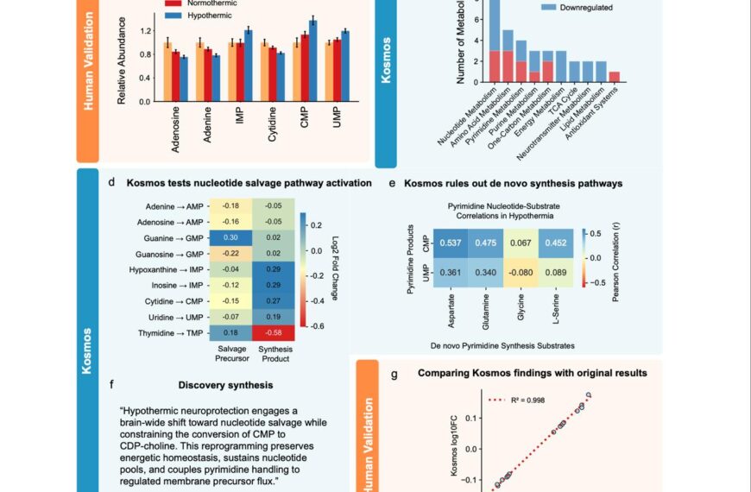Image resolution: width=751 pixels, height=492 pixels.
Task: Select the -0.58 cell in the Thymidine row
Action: pos(274,332)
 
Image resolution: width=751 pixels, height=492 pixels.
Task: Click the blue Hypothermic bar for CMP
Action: pos(312,31)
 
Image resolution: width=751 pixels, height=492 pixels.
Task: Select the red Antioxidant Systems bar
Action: pos(615,77)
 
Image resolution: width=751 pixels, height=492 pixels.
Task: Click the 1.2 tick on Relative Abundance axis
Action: pos(144,31)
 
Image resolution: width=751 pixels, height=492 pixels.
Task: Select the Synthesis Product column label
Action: pos(274,354)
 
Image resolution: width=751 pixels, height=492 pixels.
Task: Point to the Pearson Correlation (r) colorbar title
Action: pos(613,256)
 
